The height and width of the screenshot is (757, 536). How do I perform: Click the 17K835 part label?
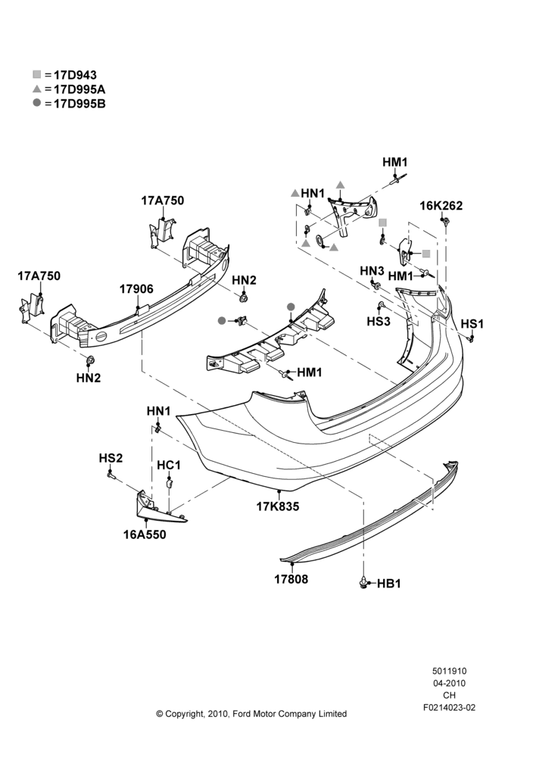tap(278, 506)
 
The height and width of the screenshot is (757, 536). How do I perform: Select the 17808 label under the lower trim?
tap(291, 579)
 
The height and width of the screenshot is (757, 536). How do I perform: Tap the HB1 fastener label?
tap(388, 584)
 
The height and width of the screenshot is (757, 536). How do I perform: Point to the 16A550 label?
tap(145, 535)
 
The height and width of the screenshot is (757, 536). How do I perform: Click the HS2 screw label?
tap(111, 458)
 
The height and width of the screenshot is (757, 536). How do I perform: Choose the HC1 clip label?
tap(169, 466)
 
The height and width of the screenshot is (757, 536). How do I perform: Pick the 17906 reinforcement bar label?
tap(136, 289)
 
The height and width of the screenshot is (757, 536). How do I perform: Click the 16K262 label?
tap(441, 206)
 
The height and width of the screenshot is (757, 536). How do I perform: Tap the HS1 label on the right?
tap(472, 324)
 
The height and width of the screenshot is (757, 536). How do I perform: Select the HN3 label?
tap(372, 271)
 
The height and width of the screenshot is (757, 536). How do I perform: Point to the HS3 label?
tap(378, 321)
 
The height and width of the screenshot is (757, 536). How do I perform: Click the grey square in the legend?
tap(37, 74)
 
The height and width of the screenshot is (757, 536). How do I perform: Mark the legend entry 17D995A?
tap(79, 89)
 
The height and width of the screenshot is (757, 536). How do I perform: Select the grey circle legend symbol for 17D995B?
tap(37, 103)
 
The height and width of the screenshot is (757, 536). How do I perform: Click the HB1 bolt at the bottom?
tap(363, 583)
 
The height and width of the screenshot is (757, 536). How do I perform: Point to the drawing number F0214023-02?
tap(449, 708)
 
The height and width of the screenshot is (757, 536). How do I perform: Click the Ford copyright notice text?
tap(251, 714)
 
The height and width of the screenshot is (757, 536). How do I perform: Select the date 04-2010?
tap(449, 683)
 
